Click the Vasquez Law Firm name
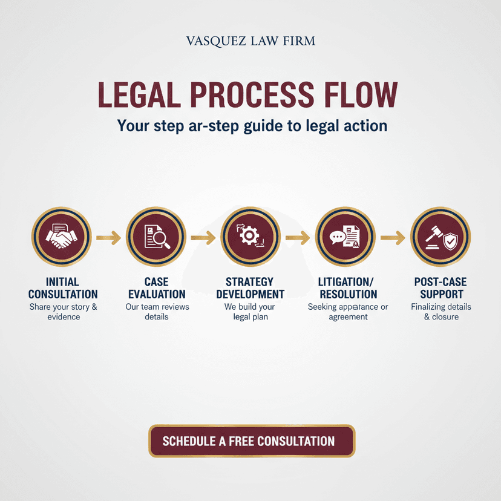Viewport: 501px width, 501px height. click(250, 41)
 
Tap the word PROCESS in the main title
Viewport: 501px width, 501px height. click(252, 94)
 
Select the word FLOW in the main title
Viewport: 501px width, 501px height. click(361, 94)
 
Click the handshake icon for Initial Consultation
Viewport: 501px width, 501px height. click(61, 237)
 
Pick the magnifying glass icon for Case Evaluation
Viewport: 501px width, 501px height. click(162, 238)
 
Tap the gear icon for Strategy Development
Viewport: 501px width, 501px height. click(249, 236)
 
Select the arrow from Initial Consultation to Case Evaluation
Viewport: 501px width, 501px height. click(109, 238)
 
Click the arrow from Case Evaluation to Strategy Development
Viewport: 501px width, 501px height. click(203, 238)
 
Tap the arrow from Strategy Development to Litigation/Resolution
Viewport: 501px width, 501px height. click(298, 238)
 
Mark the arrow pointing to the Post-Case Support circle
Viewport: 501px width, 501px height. click(393, 238)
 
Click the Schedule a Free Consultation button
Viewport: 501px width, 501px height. click(252, 441)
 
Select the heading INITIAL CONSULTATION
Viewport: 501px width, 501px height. click(63, 288)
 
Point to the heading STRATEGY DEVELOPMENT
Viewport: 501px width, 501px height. click(250, 288)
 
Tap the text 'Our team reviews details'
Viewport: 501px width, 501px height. click(157, 312)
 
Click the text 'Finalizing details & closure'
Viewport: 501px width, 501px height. click(441, 312)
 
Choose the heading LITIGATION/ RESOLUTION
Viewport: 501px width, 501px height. click(349, 288)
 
